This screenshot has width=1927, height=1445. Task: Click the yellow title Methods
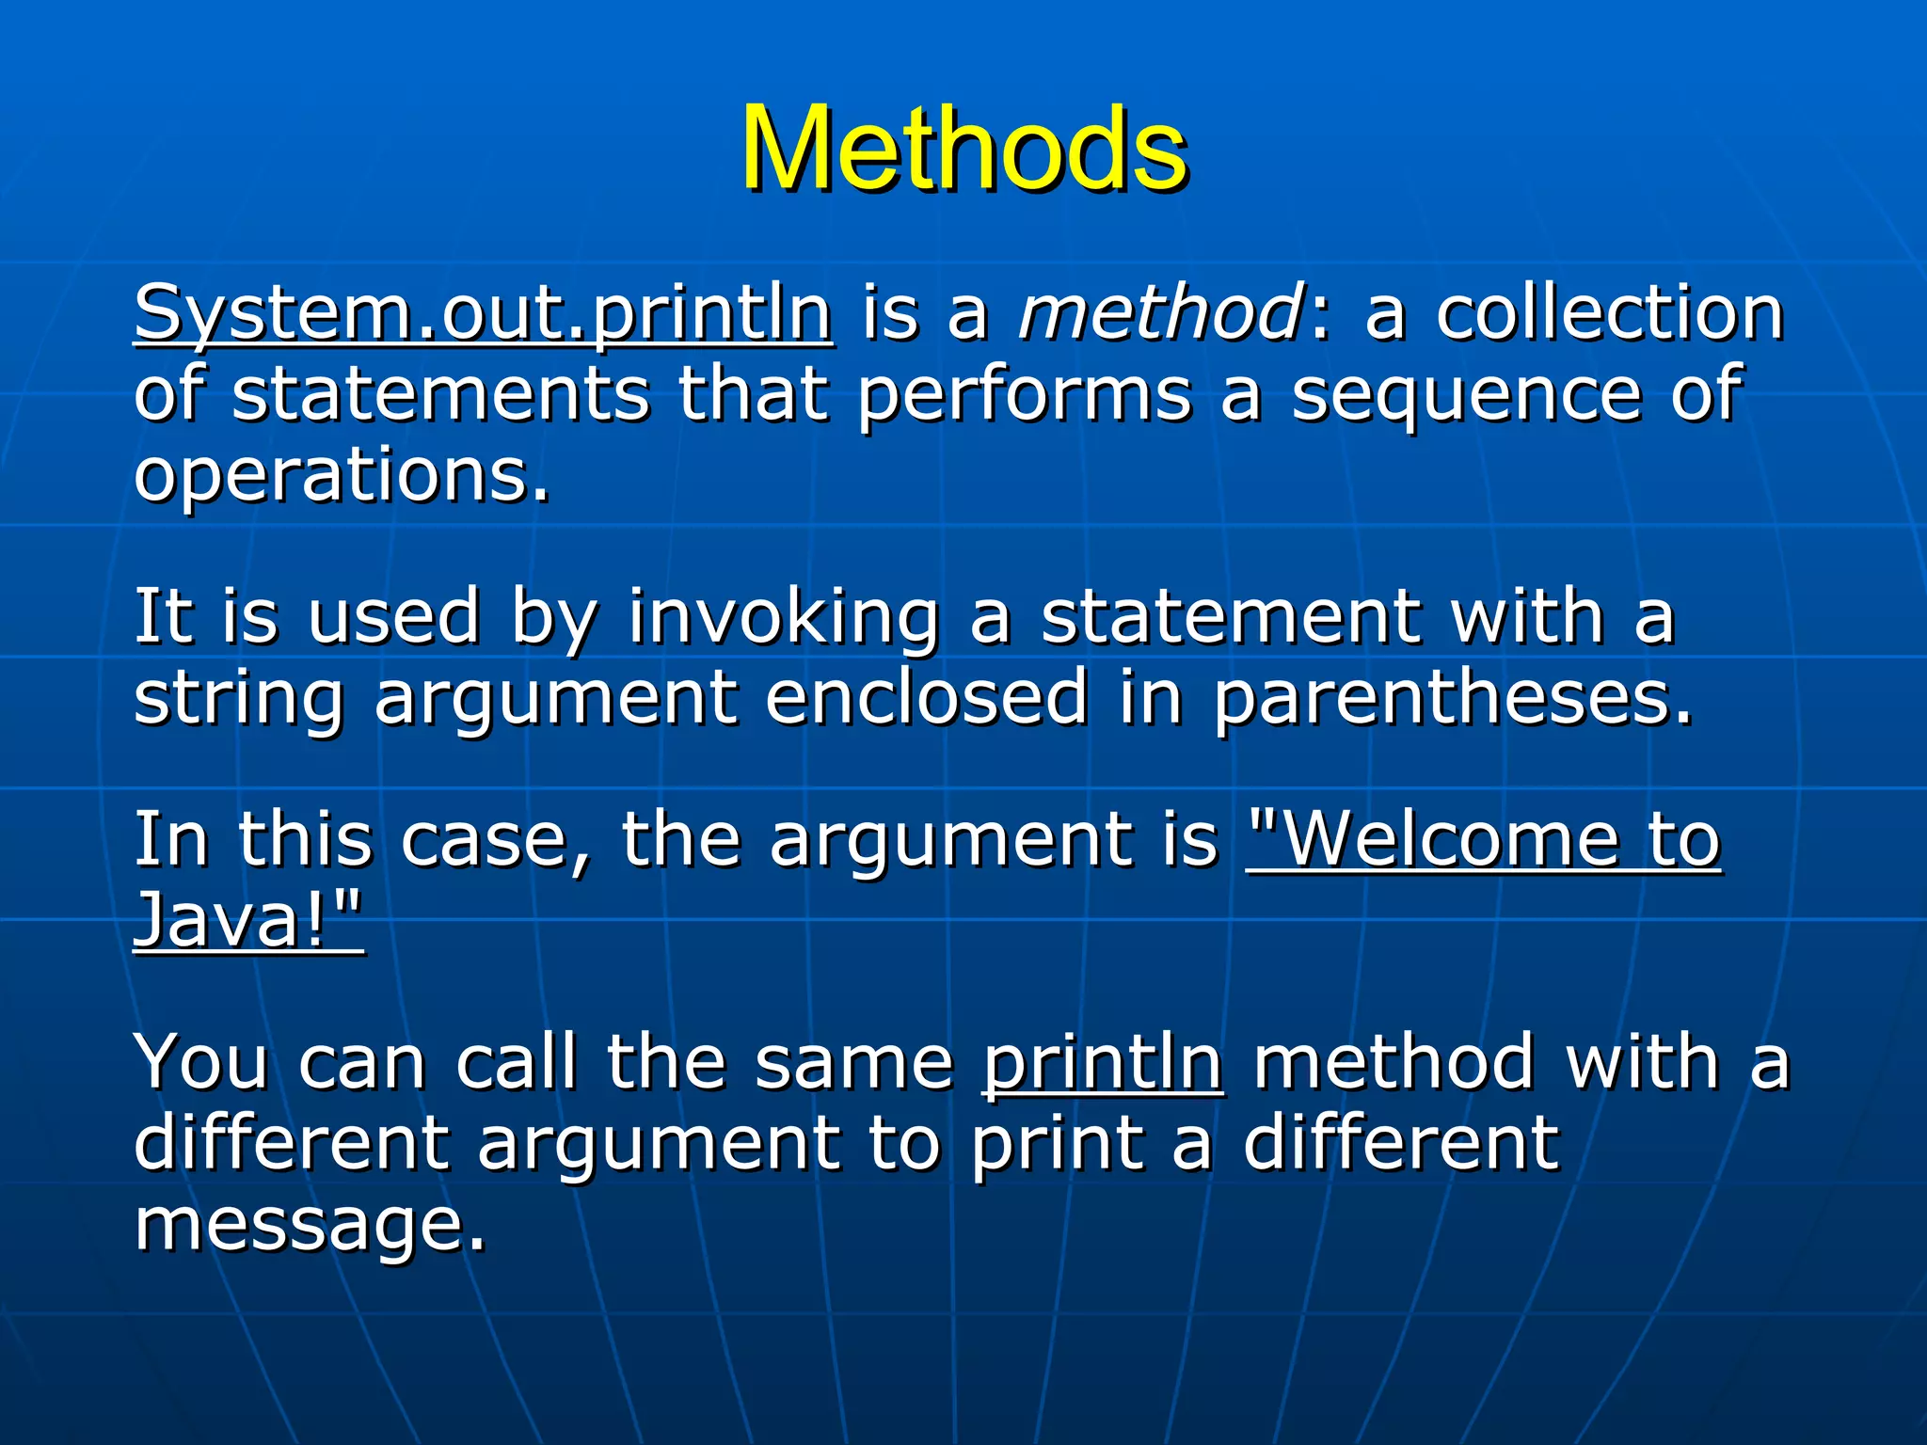(963, 149)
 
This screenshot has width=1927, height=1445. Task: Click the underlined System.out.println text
(483, 313)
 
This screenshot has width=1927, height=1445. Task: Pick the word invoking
(784, 618)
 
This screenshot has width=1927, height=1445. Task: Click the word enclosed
(927, 698)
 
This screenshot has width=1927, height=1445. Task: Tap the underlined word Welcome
(1449, 840)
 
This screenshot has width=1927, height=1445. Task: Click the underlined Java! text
(247, 920)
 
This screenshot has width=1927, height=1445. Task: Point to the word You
(201, 1062)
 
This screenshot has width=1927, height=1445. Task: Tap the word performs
(1024, 395)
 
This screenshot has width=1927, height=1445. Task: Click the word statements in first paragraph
(440, 395)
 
